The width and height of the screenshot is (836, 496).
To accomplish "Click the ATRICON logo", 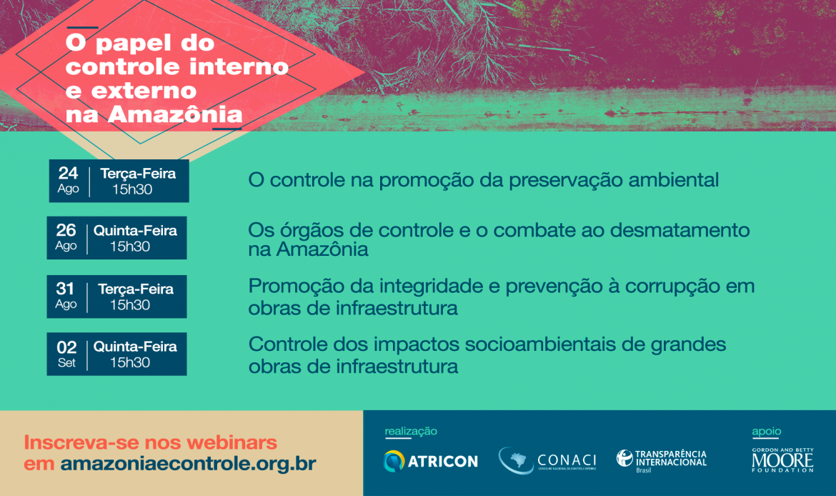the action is [431, 461].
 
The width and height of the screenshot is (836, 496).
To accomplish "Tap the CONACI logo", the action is [547, 461].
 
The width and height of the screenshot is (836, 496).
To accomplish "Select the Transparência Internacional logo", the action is [662, 461].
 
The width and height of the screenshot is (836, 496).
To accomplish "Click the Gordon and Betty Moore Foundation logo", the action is [782, 460].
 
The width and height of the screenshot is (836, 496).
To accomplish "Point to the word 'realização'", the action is [411, 431].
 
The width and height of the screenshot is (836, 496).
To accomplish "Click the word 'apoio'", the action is [767, 431].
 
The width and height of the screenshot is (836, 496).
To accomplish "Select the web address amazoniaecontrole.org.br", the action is [188, 463].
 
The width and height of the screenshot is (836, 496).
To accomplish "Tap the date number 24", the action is [69, 173].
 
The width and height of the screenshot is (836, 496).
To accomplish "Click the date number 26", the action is [66, 230].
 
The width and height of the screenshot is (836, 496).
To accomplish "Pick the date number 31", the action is [65, 289].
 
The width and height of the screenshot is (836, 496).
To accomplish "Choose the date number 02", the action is [66, 347].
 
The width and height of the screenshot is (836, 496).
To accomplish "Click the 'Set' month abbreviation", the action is [66, 362].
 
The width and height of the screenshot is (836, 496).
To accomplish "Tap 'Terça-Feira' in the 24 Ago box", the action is [138, 174].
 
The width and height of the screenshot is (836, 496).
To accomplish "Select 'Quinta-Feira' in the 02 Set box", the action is [136, 347].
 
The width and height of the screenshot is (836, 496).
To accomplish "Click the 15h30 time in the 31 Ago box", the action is [130, 305].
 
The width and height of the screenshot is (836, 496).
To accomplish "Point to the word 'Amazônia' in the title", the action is [175, 114].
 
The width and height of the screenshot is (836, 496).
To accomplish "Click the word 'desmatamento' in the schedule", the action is [680, 230].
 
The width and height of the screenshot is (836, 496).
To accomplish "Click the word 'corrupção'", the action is [677, 287].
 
